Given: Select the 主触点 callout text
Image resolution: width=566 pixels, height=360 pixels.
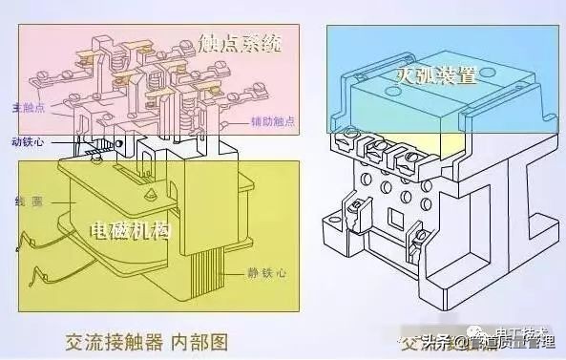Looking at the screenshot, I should (25, 108).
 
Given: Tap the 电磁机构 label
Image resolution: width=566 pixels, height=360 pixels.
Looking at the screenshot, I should (131, 232).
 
